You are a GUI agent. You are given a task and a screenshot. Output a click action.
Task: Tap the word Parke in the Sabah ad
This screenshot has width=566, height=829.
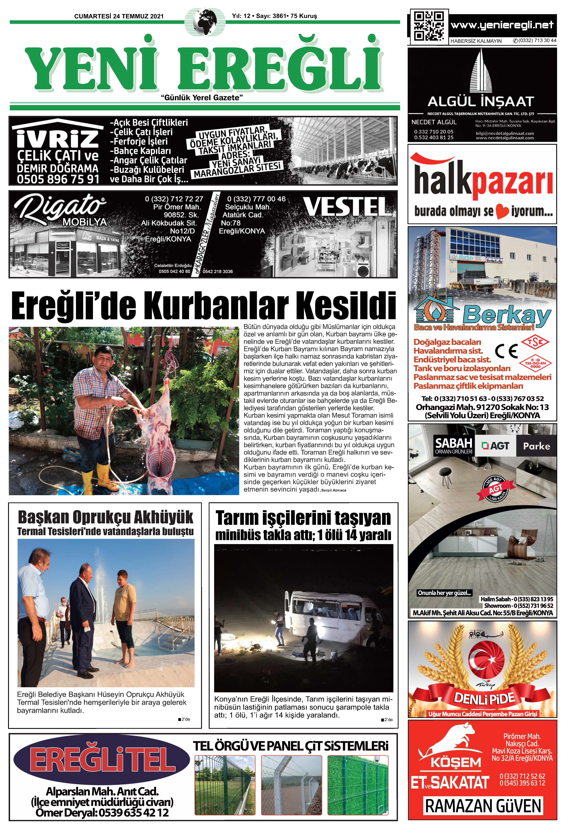pos(536,446)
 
